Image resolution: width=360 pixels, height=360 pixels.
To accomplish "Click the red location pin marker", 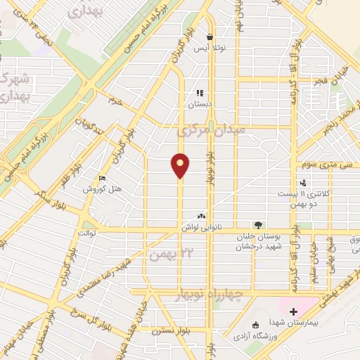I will [x=181, y=165].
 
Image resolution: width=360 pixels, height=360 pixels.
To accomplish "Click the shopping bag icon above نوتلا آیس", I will [x=209, y=37].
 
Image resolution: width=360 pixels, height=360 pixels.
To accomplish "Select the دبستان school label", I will [x=199, y=103].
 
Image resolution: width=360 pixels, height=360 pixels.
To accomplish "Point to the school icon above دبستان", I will [x=200, y=92].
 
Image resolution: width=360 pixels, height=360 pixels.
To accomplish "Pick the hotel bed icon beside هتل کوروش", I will [x=103, y=178].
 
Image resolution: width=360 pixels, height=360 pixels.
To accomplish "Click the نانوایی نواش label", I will [x=202, y=227].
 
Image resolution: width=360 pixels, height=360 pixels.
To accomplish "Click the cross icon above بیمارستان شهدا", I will [x=293, y=311].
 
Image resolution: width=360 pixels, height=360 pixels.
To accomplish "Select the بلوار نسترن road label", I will [x=172, y=328].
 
